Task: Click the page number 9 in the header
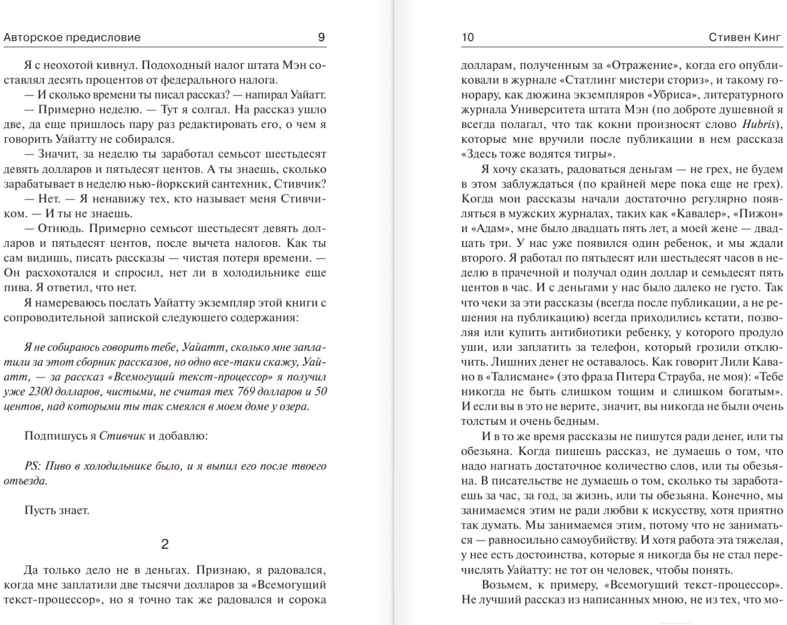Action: (321, 37)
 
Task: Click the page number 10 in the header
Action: (468, 37)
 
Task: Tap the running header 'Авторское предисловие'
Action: (72, 37)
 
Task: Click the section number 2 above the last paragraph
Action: (165, 544)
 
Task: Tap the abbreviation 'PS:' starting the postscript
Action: (32, 466)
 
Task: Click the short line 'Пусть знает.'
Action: (57, 510)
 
